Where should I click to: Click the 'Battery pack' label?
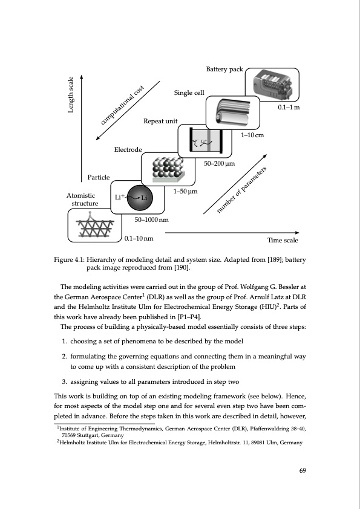(224, 70)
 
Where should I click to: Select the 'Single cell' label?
(189, 93)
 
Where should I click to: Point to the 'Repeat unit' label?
(160, 122)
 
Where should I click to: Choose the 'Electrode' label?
(128, 149)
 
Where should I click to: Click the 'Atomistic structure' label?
(80, 200)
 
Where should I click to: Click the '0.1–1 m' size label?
(289, 107)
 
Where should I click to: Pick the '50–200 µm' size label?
(219, 163)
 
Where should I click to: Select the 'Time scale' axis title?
(283, 240)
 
